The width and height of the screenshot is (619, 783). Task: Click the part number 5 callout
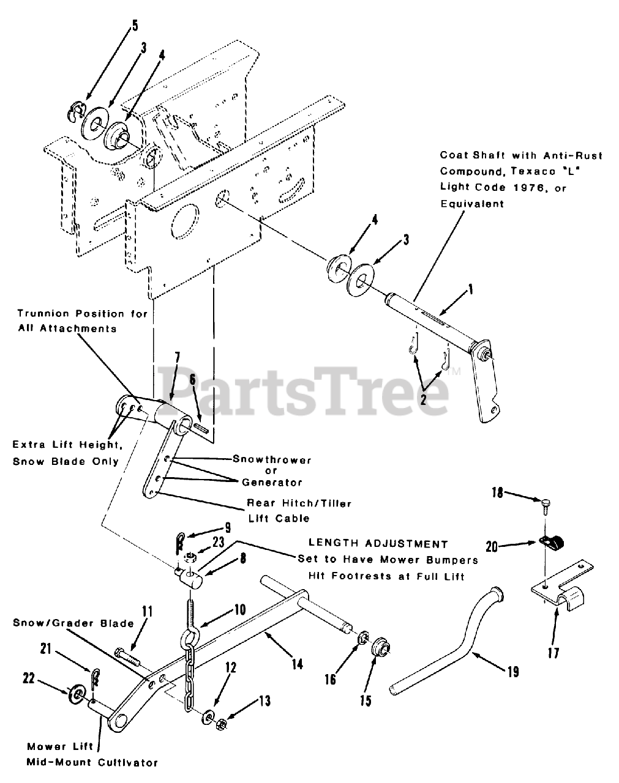pos(134,26)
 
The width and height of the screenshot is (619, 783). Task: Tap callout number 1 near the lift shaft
pos(470,291)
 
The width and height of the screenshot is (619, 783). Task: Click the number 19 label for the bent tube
pos(512,672)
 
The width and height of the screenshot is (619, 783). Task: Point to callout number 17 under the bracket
pos(553,653)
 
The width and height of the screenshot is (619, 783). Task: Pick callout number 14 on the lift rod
pos(296,663)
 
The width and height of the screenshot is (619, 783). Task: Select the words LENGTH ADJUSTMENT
pos(378,543)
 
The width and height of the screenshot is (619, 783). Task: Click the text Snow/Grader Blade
pos(73,623)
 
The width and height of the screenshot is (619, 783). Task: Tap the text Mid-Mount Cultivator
pos(92,762)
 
